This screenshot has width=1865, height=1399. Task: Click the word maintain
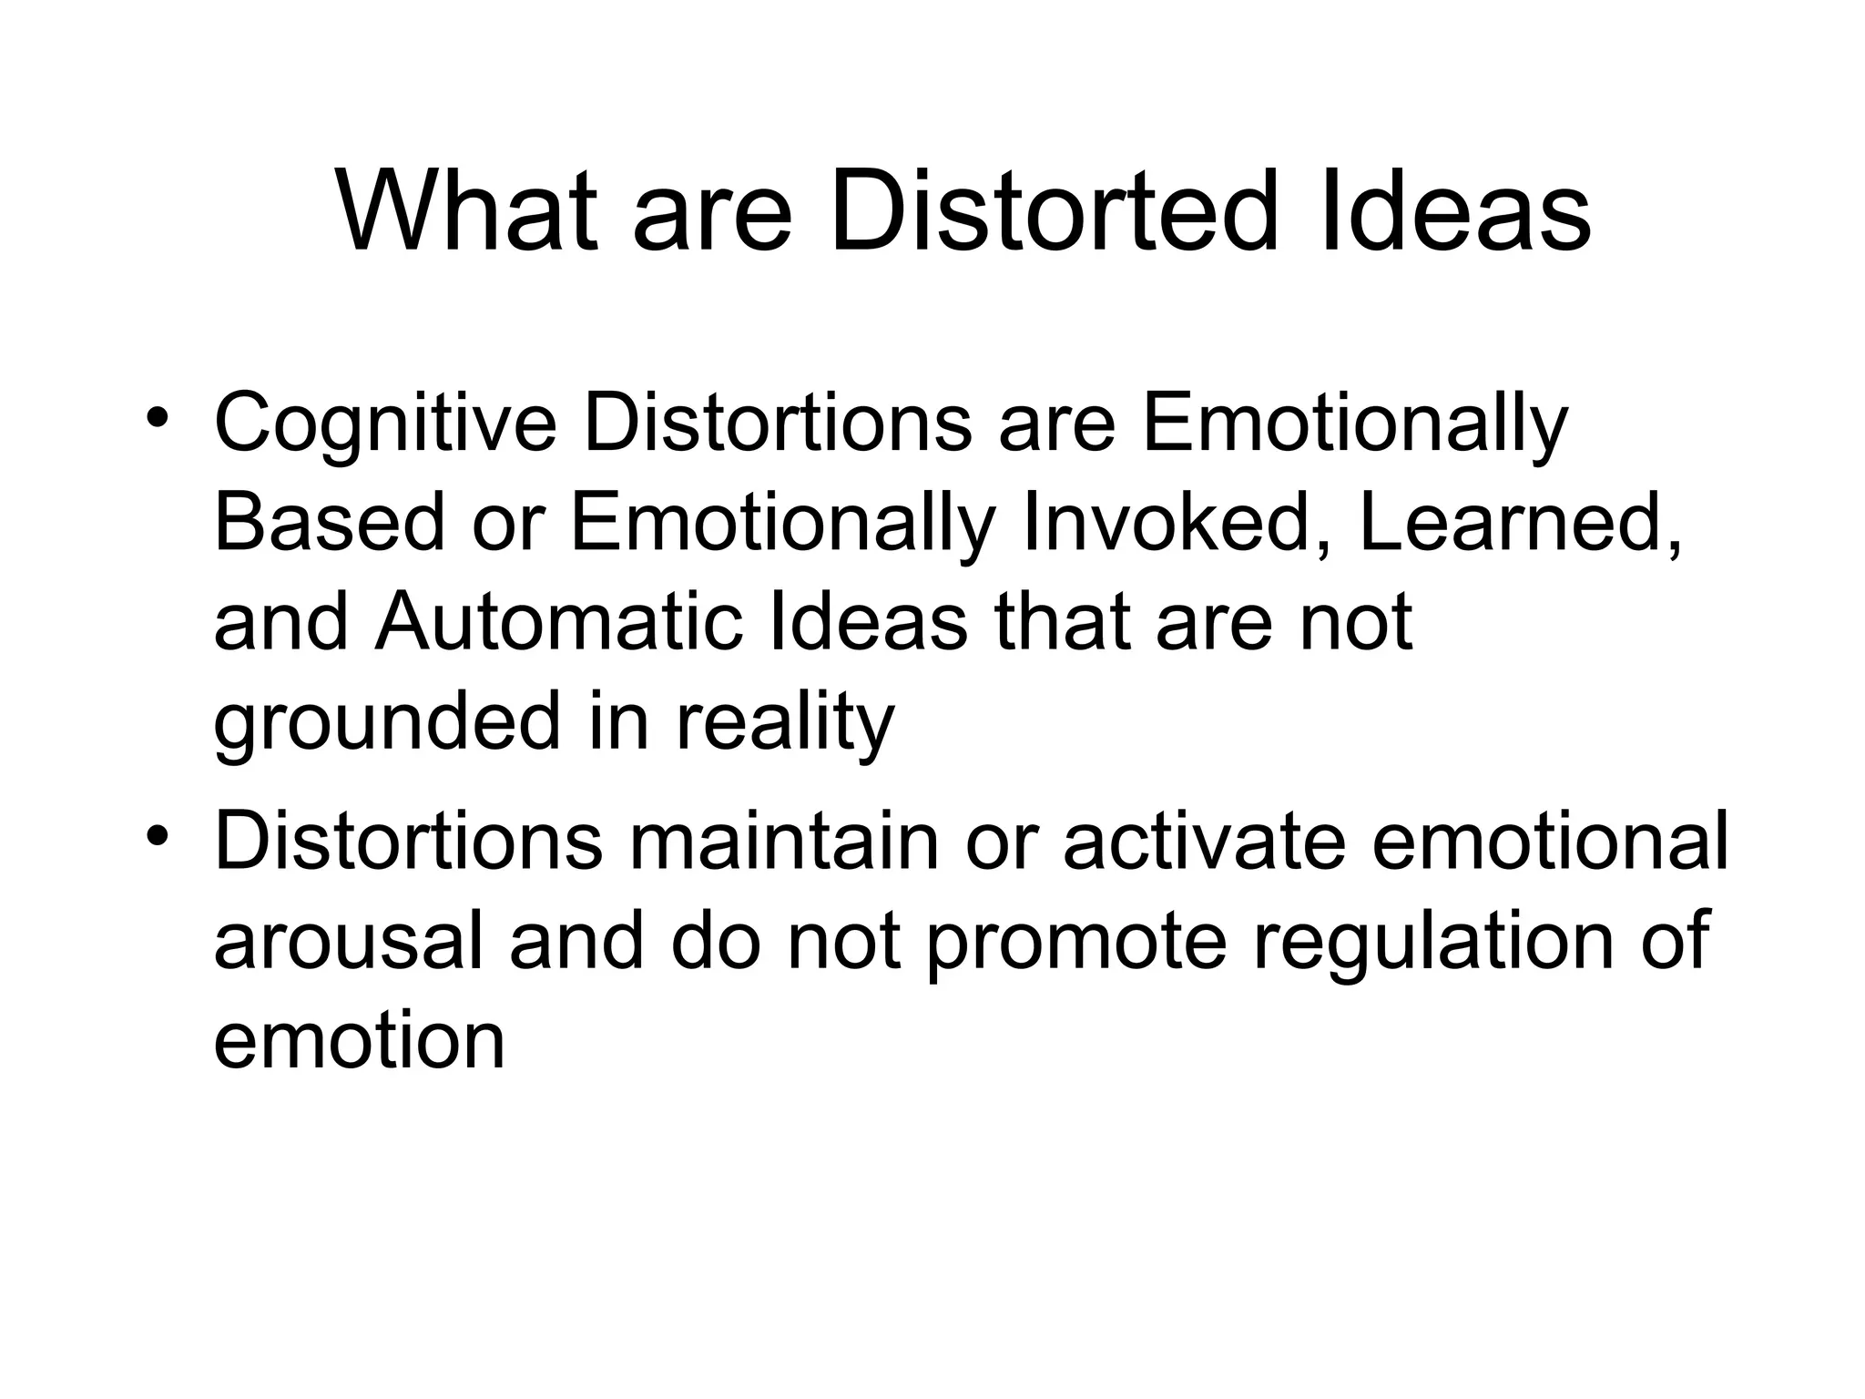click(783, 842)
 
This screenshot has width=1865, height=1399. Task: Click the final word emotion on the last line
click(359, 1040)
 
